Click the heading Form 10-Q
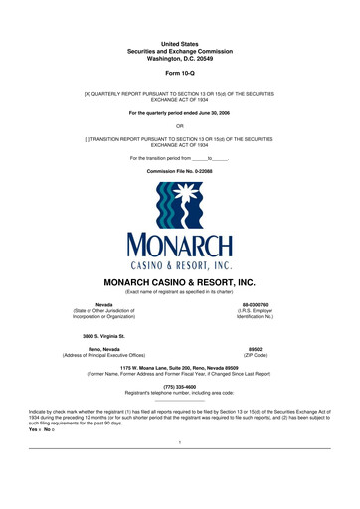tap(180, 74)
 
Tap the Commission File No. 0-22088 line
tap(180, 172)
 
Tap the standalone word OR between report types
tap(180, 125)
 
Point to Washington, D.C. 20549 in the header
tap(180, 58)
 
